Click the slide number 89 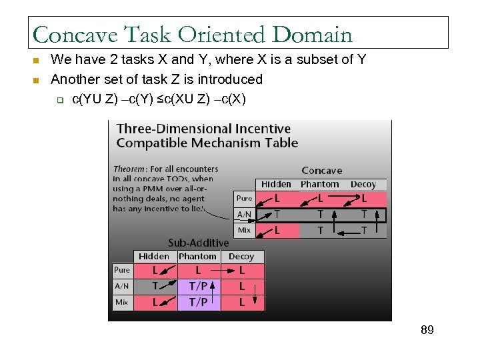427,329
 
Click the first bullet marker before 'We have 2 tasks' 37,61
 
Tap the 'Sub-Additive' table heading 198,243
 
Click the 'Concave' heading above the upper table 321,171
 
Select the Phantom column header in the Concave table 320,184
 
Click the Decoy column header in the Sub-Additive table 241,256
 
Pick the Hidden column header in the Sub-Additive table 154,256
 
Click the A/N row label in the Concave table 244,214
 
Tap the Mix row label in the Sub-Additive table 121,302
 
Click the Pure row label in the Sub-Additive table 122,270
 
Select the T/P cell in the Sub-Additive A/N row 198,286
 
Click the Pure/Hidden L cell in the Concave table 277,199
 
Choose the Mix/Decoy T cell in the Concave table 363,230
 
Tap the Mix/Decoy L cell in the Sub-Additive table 241,302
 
